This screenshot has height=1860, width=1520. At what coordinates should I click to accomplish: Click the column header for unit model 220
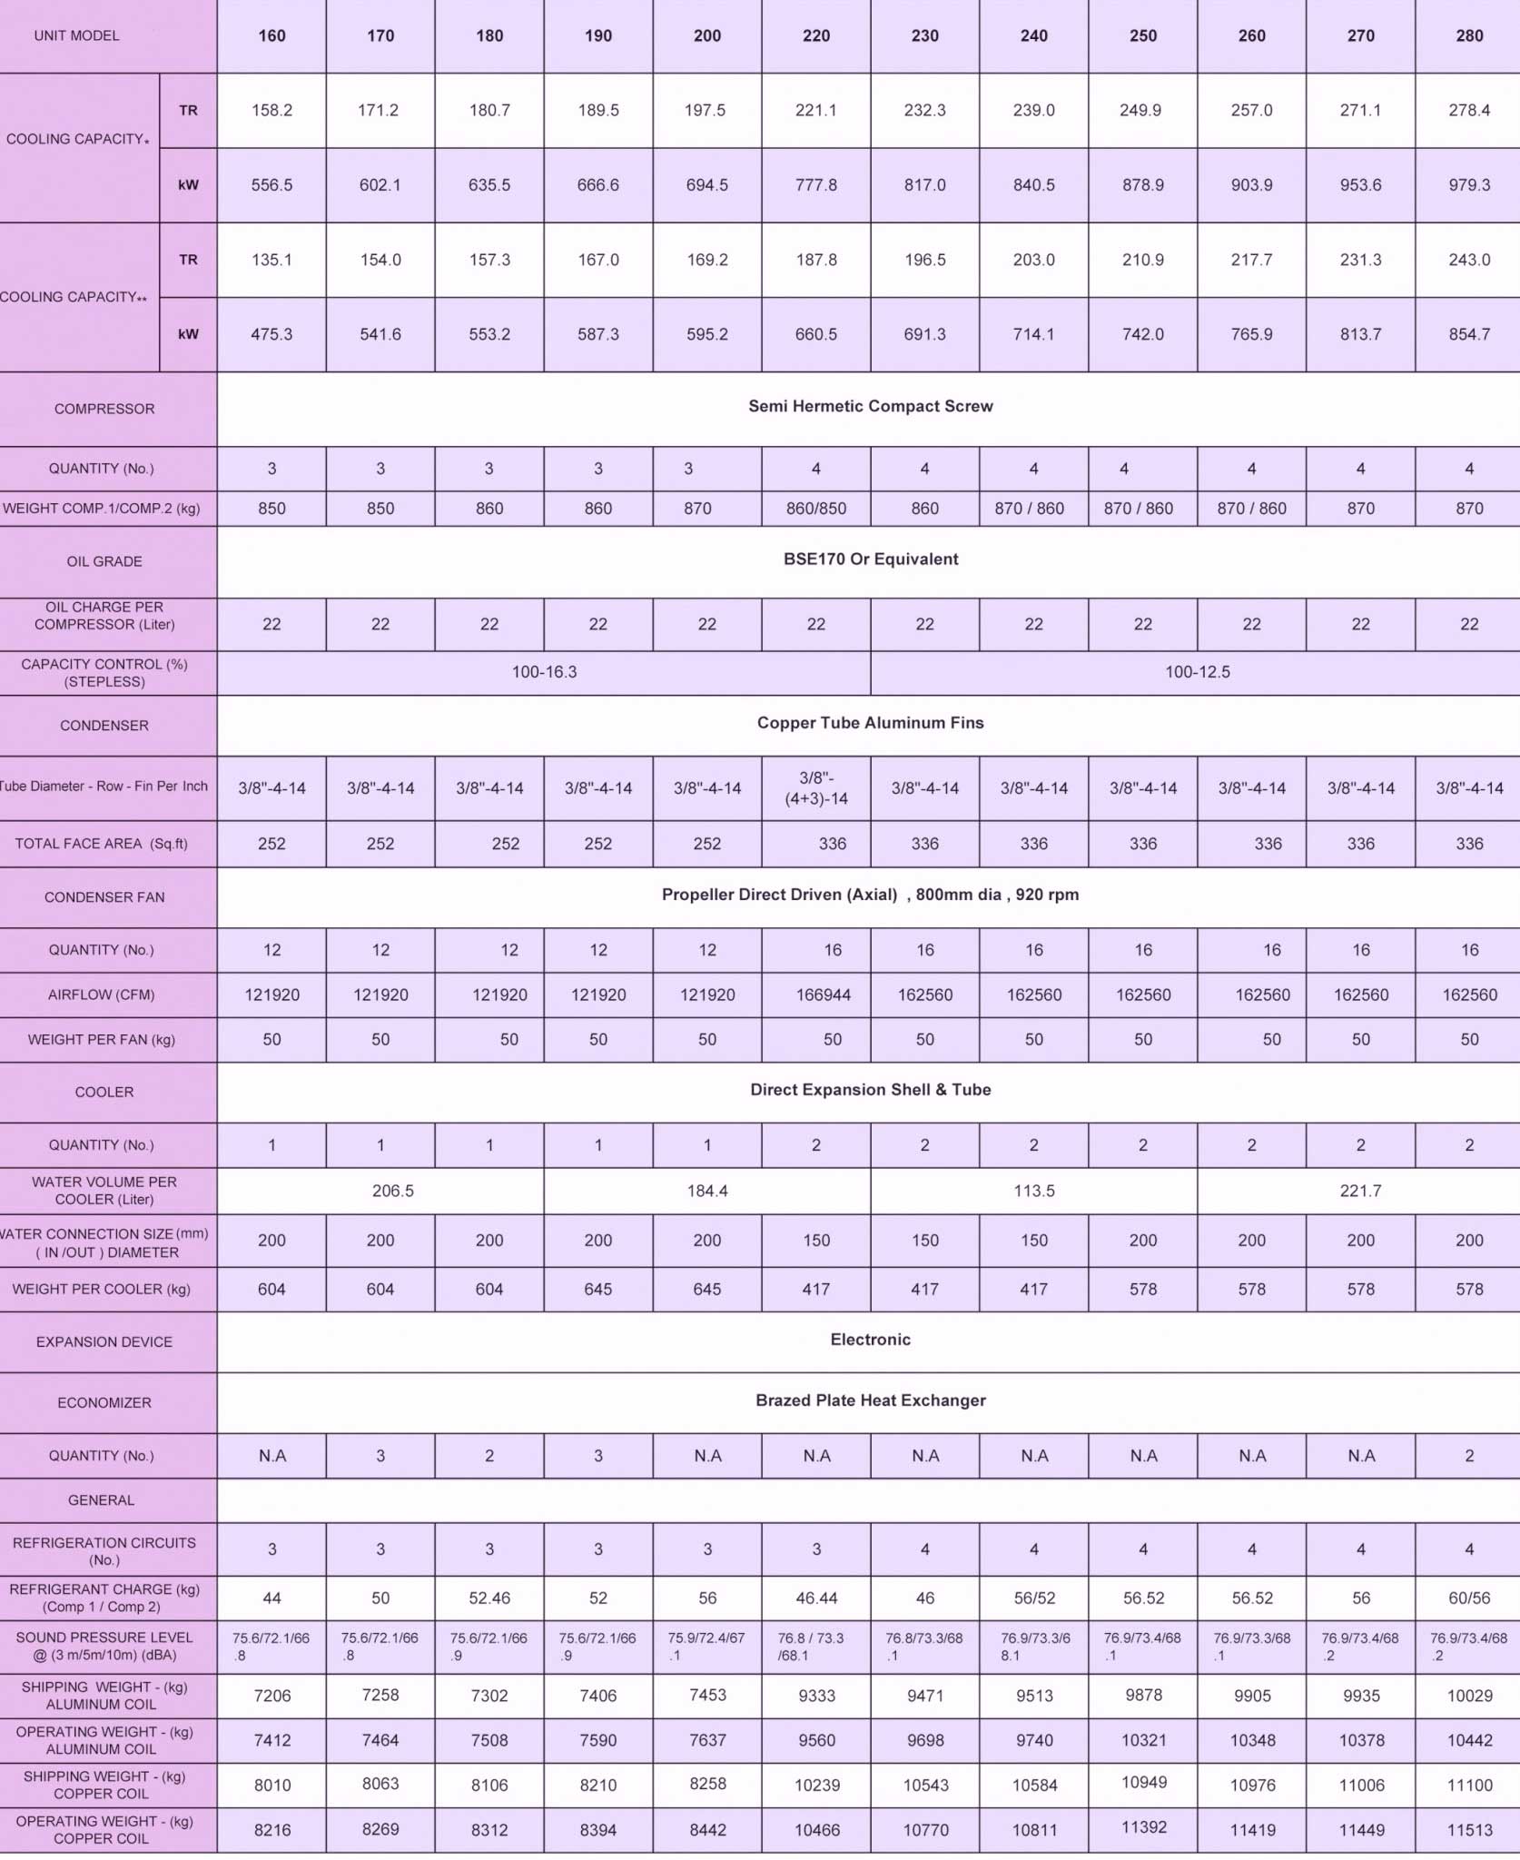click(x=815, y=36)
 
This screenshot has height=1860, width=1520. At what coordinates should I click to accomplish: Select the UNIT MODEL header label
click(x=76, y=36)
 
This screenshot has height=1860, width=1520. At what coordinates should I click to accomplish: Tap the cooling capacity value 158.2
click(x=271, y=110)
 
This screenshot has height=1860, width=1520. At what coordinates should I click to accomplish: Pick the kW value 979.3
click(x=1468, y=185)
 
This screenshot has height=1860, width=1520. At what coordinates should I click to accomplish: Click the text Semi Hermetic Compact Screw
click(x=870, y=406)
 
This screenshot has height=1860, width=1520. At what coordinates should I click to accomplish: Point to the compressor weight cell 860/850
click(x=815, y=509)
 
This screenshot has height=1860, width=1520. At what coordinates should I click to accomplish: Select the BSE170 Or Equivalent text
click(x=870, y=559)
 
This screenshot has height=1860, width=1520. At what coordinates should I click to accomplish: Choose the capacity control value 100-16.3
click(x=544, y=672)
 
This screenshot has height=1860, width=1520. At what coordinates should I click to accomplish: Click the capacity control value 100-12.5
click(x=1197, y=672)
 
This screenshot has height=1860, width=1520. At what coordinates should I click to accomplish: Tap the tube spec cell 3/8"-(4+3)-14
click(x=815, y=788)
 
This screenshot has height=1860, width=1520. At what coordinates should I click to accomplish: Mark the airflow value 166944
click(x=823, y=994)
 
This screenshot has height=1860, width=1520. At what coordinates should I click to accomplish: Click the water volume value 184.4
click(x=706, y=1191)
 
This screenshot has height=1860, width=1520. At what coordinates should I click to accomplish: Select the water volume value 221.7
click(x=1359, y=1191)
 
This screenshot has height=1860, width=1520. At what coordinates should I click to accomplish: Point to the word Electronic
click(x=870, y=1340)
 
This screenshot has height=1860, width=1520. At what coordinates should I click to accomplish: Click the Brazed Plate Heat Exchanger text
click(x=870, y=1400)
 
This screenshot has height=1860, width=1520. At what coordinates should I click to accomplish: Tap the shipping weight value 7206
click(x=271, y=1695)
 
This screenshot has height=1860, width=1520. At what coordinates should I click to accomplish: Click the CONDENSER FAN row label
click(x=104, y=897)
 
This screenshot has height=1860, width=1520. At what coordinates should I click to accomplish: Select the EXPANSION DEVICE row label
click(x=104, y=1342)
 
